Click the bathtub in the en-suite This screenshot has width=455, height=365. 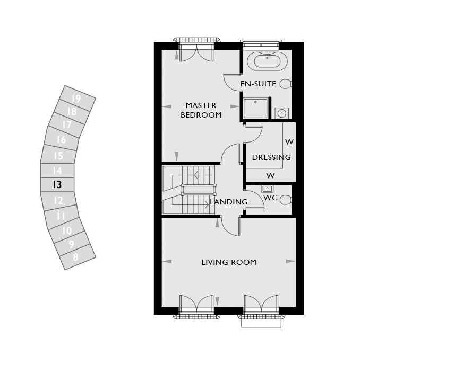click(x=267, y=61)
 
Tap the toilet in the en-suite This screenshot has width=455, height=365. click(x=286, y=84)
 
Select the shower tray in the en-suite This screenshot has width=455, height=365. click(x=256, y=108)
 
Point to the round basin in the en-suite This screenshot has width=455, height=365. click(x=281, y=113)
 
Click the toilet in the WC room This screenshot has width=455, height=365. click(x=286, y=200)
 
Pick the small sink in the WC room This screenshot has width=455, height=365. click(x=267, y=189)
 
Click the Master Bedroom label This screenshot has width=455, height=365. click(x=201, y=110)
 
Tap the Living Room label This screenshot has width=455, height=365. click(x=229, y=262)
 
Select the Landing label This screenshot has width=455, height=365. click(x=229, y=202)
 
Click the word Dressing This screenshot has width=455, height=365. click(x=271, y=157)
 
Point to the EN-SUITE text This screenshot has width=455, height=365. click(x=258, y=84)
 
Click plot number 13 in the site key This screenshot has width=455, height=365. click(x=57, y=184)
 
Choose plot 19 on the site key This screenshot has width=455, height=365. click(x=76, y=99)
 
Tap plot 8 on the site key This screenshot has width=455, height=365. click(x=75, y=257)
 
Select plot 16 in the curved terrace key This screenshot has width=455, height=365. click(x=61, y=140)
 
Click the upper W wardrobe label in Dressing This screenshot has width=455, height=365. click(x=289, y=142)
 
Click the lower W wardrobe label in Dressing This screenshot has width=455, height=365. click(x=270, y=176)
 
